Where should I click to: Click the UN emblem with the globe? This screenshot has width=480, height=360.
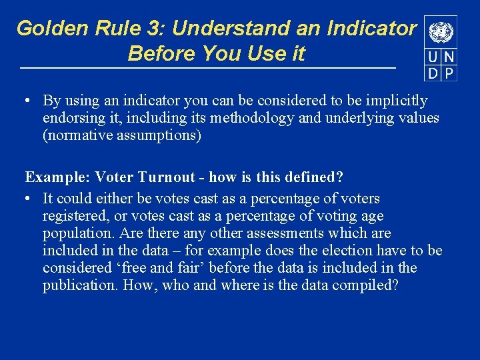440,32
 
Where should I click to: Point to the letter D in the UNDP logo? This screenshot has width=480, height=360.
433,73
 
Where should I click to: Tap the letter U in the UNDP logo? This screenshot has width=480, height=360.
433,58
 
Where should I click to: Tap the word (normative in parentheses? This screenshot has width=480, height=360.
77,135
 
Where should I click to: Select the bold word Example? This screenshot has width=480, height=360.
57,177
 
